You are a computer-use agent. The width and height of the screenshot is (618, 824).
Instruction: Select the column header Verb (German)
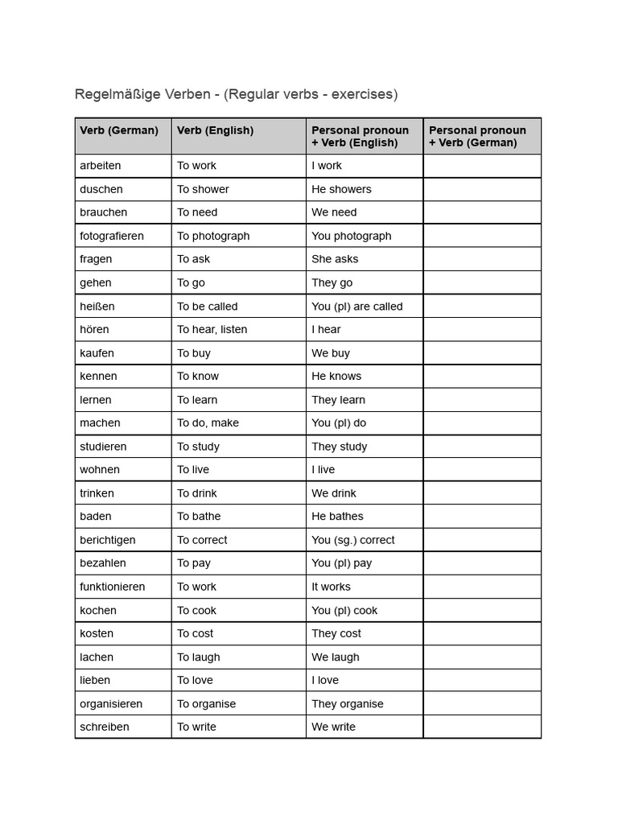[119, 130]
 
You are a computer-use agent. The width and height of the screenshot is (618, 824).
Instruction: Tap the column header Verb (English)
[215, 130]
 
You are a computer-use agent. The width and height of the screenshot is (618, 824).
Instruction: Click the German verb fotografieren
[112, 236]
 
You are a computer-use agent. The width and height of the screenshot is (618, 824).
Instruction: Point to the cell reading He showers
[341, 189]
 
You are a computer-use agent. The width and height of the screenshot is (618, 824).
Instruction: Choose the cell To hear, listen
[212, 329]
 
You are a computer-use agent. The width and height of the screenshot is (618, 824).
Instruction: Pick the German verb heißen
[97, 306]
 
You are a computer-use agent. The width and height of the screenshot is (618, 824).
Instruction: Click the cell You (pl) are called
[356, 306]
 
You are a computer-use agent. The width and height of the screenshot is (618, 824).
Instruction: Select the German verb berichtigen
[107, 540]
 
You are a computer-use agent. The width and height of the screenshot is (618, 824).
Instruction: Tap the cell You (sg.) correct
[352, 540]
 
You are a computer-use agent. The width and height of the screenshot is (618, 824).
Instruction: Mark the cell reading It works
[331, 587]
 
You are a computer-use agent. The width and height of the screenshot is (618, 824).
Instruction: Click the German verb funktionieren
[112, 587]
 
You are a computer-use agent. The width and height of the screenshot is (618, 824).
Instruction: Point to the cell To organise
[206, 703]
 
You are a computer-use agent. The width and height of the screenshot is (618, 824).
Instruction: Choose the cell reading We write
[333, 727]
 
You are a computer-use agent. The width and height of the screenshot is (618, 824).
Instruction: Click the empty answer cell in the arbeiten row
[481, 166]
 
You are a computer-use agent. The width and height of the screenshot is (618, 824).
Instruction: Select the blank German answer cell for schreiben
[481, 727]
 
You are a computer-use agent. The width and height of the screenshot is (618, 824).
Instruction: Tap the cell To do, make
[208, 422]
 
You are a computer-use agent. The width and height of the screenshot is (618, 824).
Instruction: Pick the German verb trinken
[97, 493]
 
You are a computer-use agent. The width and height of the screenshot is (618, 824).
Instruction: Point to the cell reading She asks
[335, 259]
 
